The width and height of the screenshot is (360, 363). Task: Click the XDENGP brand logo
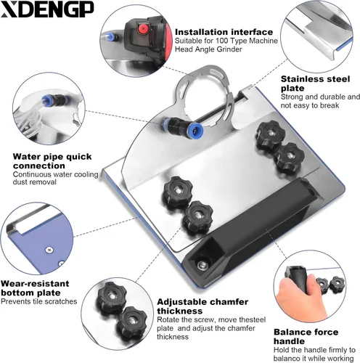[47, 9]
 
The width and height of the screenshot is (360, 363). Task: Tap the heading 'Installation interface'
[224, 32]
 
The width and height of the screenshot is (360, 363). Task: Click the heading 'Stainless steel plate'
[315, 83]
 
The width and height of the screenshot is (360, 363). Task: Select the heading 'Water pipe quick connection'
[52, 161]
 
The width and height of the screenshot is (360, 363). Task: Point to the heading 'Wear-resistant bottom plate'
[35, 288]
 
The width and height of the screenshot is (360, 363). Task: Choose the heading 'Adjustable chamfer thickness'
[202, 306]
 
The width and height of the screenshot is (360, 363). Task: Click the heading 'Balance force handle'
[306, 336]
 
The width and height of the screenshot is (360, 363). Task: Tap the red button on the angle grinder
[143, 29]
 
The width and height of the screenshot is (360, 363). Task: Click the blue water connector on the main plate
[184, 126]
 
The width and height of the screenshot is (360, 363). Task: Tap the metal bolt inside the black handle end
[202, 264]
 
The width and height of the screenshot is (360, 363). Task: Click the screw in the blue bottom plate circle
[49, 250]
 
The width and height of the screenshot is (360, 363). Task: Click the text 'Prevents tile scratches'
[39, 301]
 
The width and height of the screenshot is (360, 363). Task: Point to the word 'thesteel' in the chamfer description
[252, 319]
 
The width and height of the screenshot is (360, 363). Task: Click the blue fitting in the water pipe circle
[45, 99]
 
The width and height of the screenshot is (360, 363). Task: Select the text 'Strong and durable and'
[320, 97]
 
